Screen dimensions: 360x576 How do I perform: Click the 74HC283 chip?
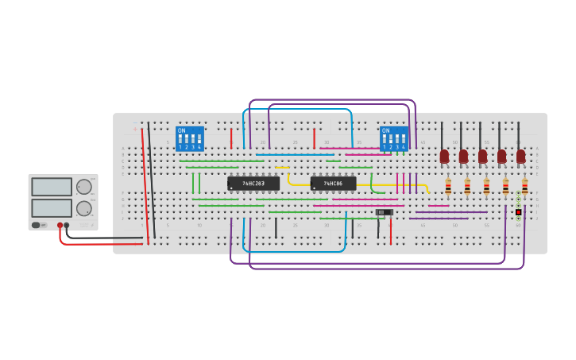click(253, 184)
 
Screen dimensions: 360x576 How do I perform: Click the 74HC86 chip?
click(333, 184)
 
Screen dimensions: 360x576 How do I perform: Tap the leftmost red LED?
click(444, 157)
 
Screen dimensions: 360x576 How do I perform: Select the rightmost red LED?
click(520, 157)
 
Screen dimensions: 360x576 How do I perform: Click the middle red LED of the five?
click(482, 157)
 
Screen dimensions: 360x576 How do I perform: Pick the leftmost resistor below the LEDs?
click(448, 187)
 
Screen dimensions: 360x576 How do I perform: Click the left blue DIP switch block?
click(190, 139)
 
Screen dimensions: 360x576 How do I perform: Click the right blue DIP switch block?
click(393, 139)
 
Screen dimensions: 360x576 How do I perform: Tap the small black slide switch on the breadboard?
click(384, 212)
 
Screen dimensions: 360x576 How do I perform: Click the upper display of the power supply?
click(52, 187)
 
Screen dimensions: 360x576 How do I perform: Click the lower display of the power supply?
click(52, 207)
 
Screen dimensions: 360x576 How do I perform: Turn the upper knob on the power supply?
click(83, 187)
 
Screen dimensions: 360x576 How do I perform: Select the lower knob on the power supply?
click(83, 208)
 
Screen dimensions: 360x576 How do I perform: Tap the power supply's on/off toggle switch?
click(37, 225)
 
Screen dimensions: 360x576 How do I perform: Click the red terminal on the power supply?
click(60, 226)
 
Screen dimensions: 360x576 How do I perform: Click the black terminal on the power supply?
click(67, 226)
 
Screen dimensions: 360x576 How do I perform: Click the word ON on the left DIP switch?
click(181, 130)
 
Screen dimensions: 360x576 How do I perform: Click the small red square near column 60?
click(518, 212)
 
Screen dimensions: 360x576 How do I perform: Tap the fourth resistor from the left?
click(505, 187)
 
